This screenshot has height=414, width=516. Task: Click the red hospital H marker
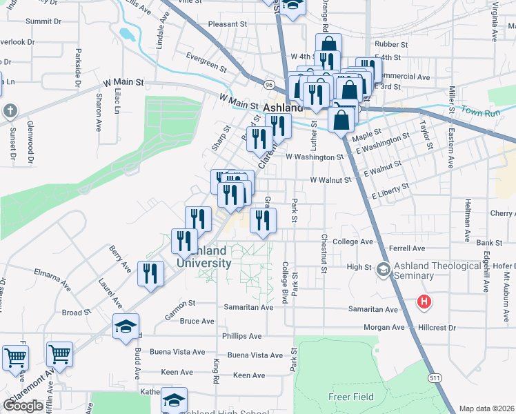pyautogui.click(x=424, y=302)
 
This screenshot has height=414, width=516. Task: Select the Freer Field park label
pyautogui.click(x=350, y=397)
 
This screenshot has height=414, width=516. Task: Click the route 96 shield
pyautogui.click(x=268, y=84)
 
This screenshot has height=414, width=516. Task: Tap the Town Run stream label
pyautogui.click(x=479, y=110)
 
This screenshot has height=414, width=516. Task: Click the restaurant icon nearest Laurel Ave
pyautogui.click(x=150, y=273)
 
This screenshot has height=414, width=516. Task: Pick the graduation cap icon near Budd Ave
pyautogui.click(x=126, y=326)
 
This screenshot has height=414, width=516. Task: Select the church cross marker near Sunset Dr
pyautogui.click(x=10, y=110)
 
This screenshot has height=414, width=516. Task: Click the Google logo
pyautogui.click(x=23, y=406)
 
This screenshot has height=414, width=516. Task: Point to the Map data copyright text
pyautogui.click(x=487, y=408)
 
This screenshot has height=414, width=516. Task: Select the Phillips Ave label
pyautogui.click(x=241, y=336)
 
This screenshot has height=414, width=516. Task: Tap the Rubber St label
pyautogui.click(x=392, y=44)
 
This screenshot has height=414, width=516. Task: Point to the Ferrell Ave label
pyautogui.click(x=408, y=248)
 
